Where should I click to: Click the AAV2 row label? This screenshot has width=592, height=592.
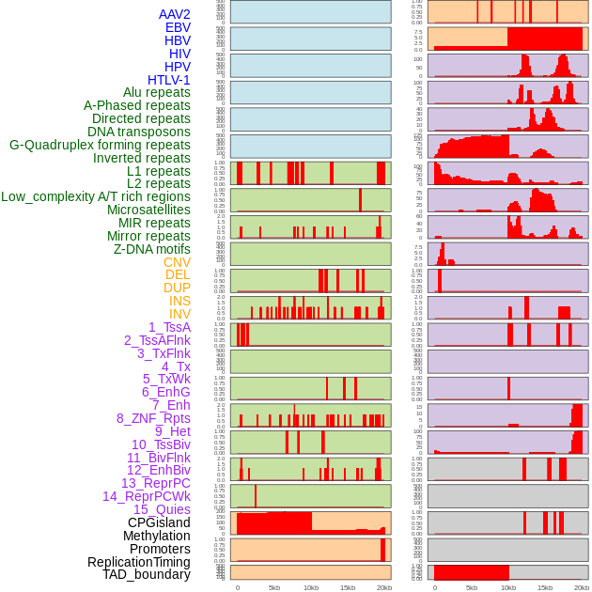(174, 15)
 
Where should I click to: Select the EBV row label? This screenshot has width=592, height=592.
(178, 28)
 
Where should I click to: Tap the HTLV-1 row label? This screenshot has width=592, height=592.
(168, 80)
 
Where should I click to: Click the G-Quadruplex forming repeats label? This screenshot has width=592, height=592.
(100, 146)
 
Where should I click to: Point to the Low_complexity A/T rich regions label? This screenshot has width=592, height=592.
(96, 197)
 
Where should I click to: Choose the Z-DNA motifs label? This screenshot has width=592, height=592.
(151, 249)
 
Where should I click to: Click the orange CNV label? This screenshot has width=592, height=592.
(177, 262)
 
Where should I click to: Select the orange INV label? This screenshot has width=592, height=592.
(179, 314)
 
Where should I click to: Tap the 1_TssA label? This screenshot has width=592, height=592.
(169, 327)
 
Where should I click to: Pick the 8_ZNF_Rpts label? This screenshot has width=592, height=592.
(153, 418)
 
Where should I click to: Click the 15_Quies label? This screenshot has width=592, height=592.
(162, 509)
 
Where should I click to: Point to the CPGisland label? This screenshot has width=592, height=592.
(159, 522)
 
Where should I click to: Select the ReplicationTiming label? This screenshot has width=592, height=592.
(138, 562)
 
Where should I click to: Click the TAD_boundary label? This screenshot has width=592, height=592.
(146, 574)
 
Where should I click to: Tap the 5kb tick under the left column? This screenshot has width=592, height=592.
(274, 587)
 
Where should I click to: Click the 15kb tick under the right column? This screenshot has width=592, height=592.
(545, 587)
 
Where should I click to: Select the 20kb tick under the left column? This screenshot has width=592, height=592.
(383, 587)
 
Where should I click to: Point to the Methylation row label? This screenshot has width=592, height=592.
(156, 536)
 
